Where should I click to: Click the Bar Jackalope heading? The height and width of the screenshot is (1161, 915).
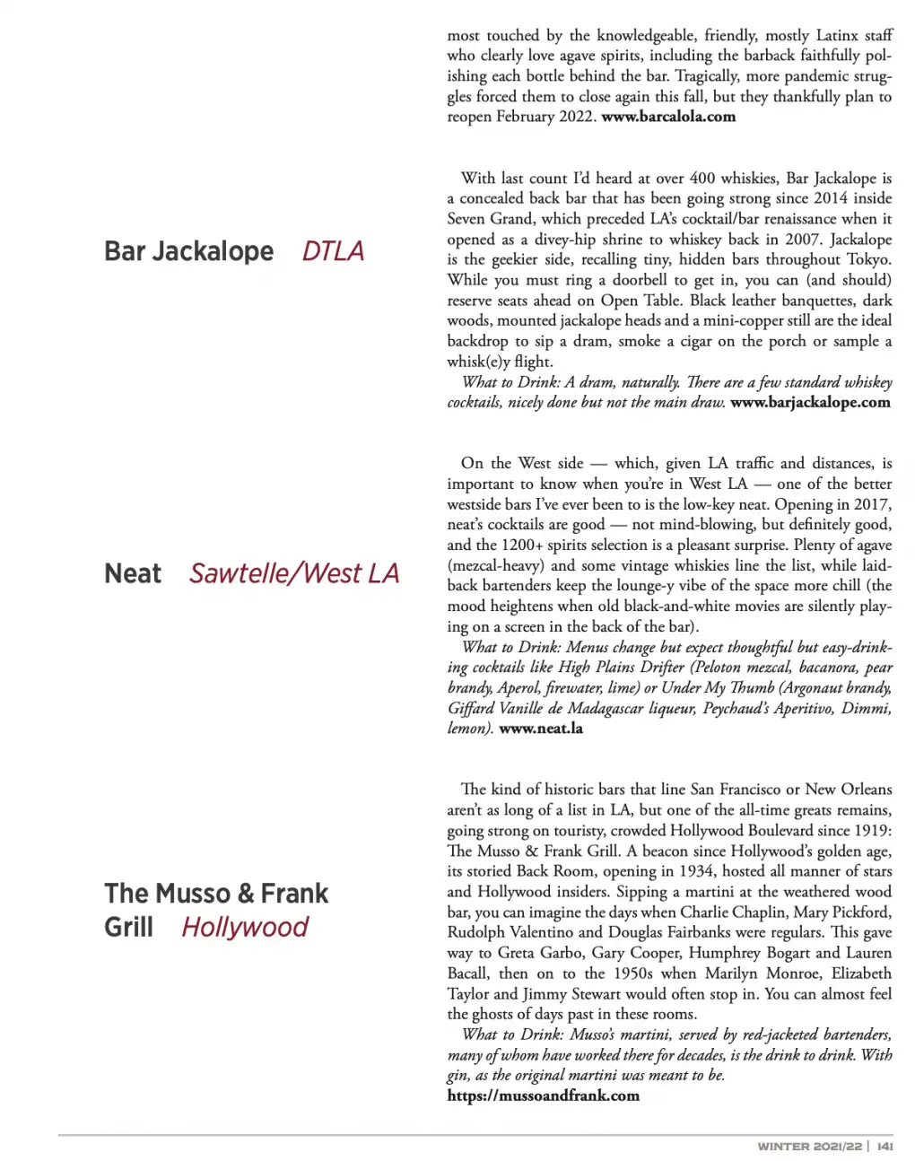(x=188, y=251)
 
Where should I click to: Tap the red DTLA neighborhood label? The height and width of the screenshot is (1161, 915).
(x=333, y=251)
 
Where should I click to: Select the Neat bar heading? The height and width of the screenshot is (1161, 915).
(x=133, y=573)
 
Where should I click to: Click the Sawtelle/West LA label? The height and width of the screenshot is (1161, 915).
(x=293, y=573)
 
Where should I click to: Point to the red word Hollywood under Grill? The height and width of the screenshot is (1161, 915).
(x=245, y=927)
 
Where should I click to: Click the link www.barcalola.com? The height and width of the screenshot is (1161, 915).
(x=668, y=117)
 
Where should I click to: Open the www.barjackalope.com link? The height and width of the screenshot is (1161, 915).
(x=810, y=403)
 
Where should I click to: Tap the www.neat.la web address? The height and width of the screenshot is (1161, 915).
(x=541, y=729)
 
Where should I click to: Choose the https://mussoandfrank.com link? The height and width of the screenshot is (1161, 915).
(x=543, y=1096)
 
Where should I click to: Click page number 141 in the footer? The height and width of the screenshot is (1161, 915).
(x=884, y=1147)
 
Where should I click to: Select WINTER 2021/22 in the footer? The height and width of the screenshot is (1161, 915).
(x=809, y=1147)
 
